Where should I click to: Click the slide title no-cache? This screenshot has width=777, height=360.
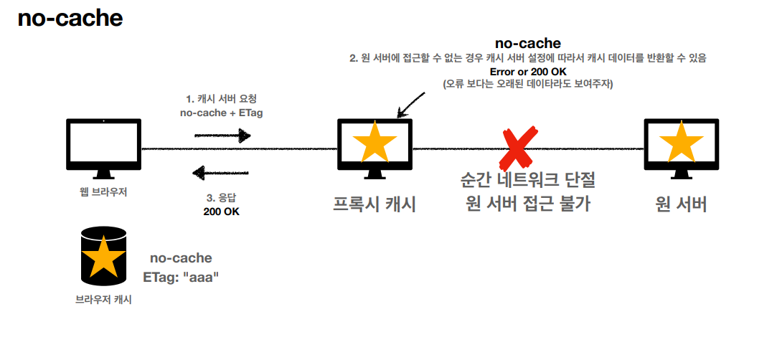70,19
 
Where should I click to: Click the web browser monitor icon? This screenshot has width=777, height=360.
104,147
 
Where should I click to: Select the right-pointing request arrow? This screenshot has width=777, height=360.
222,134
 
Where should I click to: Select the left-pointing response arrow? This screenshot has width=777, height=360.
222,173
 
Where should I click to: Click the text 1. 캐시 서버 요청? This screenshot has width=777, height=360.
221,100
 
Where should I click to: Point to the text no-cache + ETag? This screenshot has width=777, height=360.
221,113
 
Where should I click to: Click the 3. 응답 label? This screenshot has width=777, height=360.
221,199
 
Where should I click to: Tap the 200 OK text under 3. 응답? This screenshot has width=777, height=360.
221,212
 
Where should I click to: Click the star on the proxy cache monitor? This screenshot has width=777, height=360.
375,143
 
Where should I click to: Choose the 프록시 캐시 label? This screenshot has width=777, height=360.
375,204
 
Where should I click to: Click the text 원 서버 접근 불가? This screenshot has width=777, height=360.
527,204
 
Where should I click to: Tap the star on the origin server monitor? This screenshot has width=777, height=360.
681,143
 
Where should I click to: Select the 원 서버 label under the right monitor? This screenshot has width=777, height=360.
681,204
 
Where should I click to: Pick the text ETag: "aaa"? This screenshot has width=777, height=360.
181,276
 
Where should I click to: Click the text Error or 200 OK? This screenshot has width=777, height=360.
527,72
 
